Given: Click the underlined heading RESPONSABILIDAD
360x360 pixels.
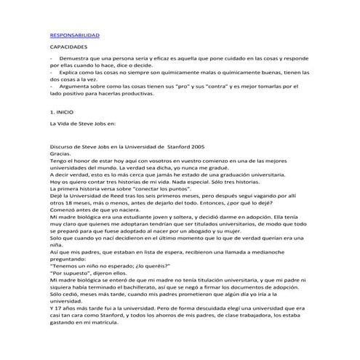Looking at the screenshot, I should coord(74,36).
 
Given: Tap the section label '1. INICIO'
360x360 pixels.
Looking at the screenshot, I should coord(63,113).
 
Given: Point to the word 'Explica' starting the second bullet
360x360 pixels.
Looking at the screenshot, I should coord(74,73).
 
